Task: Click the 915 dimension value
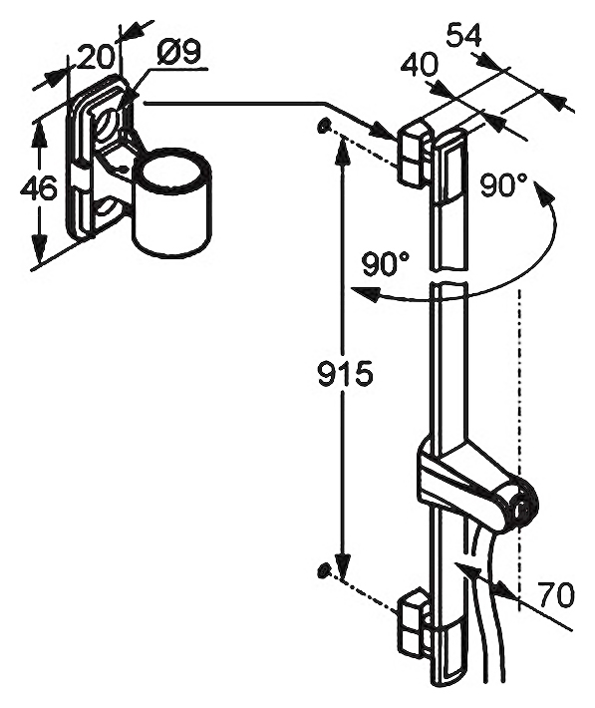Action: point(345,374)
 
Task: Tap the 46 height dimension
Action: point(39,187)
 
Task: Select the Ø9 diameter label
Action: point(178,53)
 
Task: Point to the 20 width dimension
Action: point(95,58)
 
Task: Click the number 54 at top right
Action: point(463,35)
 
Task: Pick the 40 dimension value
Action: point(420,65)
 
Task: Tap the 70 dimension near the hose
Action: point(556,594)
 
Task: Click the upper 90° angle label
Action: point(503,185)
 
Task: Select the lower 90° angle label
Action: point(386,263)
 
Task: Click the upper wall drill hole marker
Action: point(323,126)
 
